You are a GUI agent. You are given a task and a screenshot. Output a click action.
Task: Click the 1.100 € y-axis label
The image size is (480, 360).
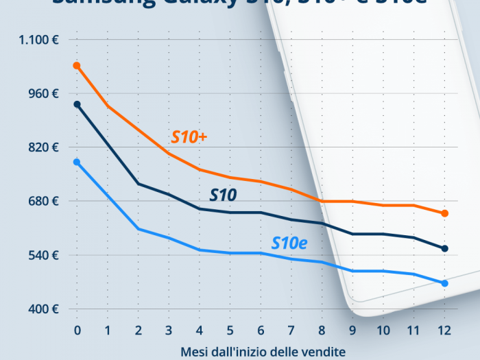(39, 40)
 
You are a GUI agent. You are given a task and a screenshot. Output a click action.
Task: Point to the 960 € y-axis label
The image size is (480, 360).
(43, 93)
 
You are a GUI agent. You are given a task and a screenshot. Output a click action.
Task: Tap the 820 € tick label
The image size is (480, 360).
(43, 147)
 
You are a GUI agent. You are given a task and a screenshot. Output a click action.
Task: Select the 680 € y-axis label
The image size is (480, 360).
(43, 201)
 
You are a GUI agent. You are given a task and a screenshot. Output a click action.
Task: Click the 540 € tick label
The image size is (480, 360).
(43, 255)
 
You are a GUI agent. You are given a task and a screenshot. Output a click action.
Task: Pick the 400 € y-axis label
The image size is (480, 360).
(43, 309)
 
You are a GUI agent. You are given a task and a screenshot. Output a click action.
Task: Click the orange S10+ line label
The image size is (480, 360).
(189, 137)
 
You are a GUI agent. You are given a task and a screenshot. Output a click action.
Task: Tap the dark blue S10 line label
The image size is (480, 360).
(223, 195)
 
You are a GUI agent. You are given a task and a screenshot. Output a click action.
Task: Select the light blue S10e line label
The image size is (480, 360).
(289, 242)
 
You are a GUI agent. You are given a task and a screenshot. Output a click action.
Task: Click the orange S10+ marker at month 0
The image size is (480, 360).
(77, 66)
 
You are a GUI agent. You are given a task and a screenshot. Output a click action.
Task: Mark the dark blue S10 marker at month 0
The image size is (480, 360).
(77, 104)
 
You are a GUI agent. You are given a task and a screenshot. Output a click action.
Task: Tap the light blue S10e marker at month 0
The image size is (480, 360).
(77, 162)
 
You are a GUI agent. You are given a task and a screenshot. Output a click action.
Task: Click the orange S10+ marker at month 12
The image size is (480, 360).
(444, 213)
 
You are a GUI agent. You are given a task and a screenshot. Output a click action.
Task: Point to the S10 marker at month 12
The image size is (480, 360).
(444, 248)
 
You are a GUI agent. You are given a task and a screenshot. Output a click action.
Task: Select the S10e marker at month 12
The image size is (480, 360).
(444, 283)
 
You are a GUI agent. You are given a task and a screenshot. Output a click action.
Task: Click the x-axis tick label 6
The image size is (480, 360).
(261, 331)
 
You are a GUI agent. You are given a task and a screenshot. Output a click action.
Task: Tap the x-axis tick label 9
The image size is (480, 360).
(352, 331)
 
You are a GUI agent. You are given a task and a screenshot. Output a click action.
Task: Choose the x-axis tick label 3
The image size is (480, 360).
(169, 331)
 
